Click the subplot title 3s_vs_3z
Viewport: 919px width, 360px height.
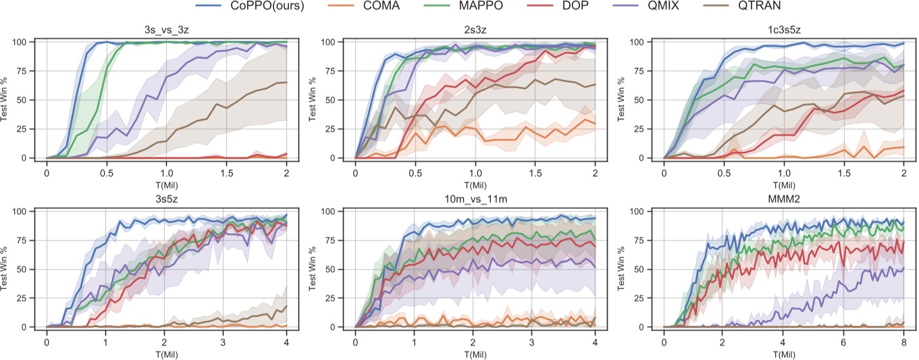pyautogui.click(x=167, y=30)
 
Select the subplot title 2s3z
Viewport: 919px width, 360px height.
pyautogui.click(x=475, y=30)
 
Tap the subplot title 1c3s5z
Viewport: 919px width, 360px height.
pyautogui.click(x=784, y=30)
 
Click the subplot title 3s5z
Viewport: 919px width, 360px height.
pyautogui.click(x=167, y=200)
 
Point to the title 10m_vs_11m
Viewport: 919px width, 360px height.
pyautogui.click(x=475, y=200)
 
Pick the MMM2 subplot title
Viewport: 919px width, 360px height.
pyautogui.click(x=784, y=200)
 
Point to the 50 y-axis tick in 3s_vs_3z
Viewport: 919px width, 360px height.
pyautogui.click(x=23, y=100)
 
